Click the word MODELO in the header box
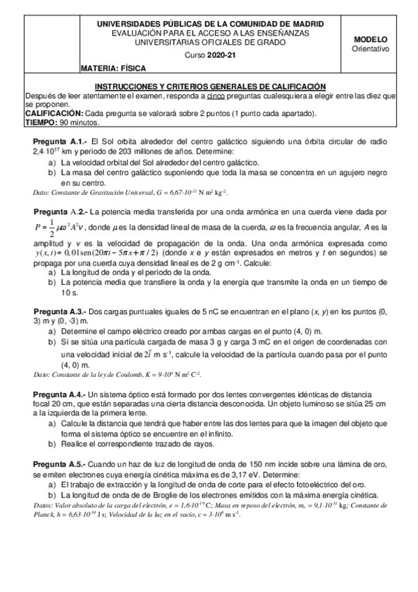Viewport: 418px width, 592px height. (370, 40)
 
